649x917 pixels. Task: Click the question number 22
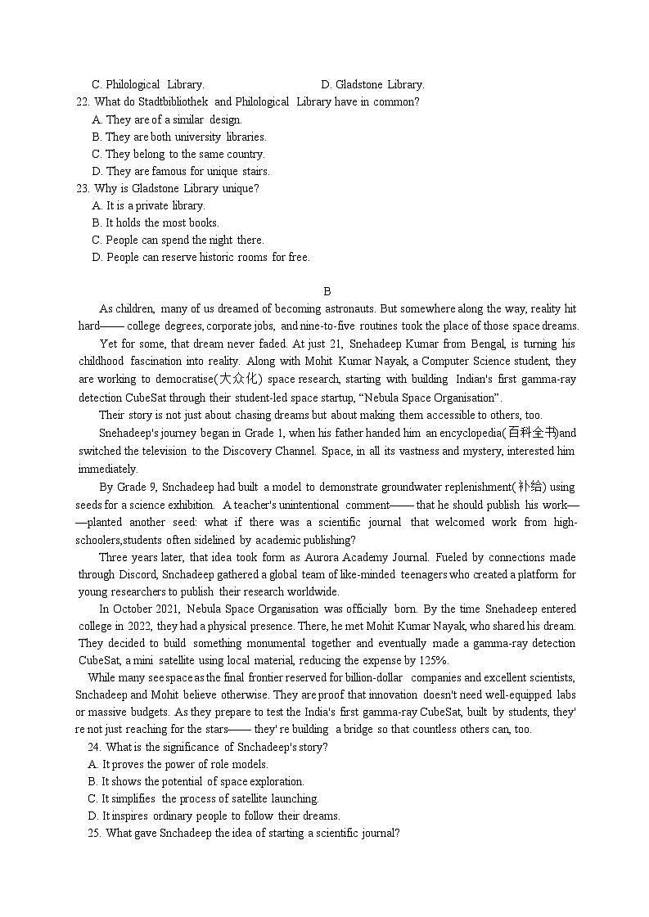[x=82, y=102]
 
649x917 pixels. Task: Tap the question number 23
[x=82, y=188]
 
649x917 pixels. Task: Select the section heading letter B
[x=327, y=291]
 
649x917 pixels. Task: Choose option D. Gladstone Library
[x=372, y=84]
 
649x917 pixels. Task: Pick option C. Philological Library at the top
[x=147, y=84]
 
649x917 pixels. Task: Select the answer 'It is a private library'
[x=155, y=205]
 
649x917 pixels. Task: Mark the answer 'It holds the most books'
[x=161, y=223]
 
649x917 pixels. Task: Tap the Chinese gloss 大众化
[x=240, y=379]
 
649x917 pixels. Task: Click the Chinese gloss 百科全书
[x=532, y=433]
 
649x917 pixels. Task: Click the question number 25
[x=92, y=833]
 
